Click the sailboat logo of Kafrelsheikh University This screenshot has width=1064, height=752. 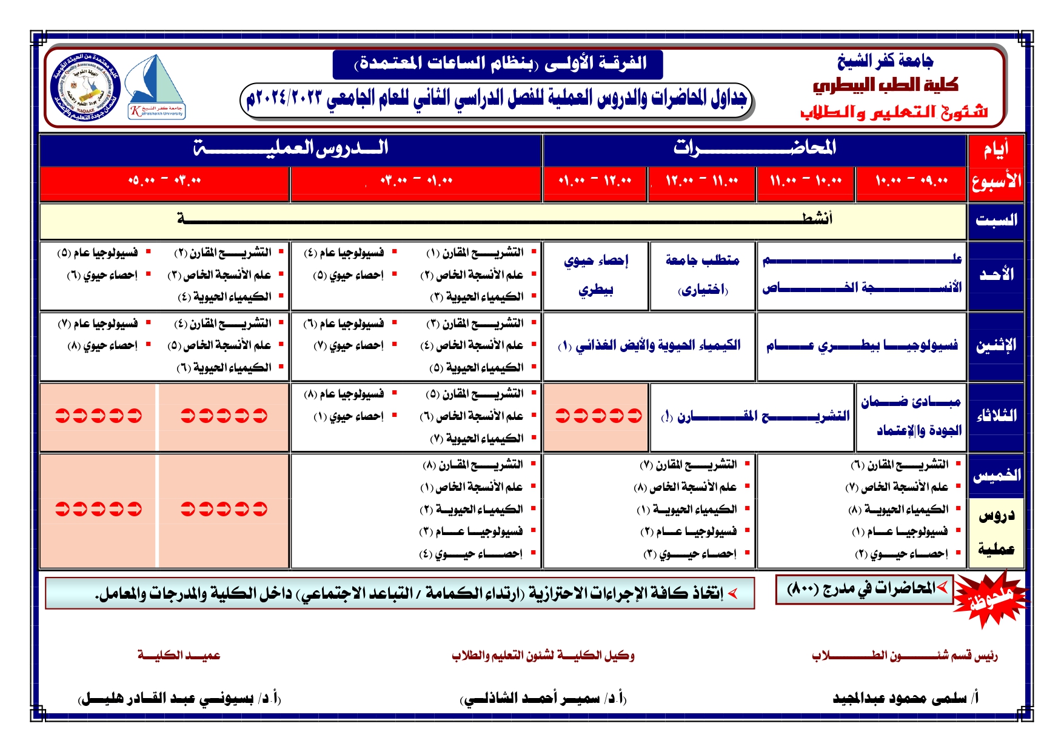tap(156, 87)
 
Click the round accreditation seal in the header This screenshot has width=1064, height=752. tap(85, 87)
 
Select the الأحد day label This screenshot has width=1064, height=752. tap(995, 275)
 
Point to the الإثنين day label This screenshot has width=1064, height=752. tap(995, 345)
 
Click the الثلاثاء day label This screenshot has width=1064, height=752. tap(995, 416)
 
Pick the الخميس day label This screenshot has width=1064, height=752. tap(995, 475)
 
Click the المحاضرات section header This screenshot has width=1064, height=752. tap(754, 148)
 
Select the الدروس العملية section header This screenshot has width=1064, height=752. tap(290, 148)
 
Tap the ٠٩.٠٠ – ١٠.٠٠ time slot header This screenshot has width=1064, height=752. tap(911, 181)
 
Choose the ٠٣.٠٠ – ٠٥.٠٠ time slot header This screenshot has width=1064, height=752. tap(164, 181)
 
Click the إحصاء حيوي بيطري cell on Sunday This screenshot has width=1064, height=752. tap(595, 275)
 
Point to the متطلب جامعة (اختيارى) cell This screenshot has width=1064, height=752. tap(702, 275)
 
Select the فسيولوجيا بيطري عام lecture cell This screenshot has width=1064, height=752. tap(861, 345)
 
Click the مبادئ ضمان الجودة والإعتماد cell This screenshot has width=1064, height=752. tap(911, 416)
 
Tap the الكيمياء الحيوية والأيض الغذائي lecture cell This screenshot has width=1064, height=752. tap(649, 345)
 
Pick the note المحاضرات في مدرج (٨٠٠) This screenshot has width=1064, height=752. tap(865, 589)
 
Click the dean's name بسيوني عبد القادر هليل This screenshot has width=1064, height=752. tap(179, 699)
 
